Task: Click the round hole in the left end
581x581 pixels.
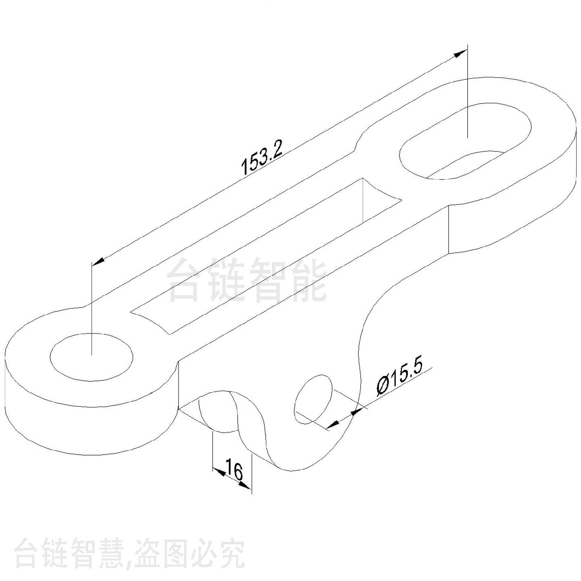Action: click(x=92, y=357)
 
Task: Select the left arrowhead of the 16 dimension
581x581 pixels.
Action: click(x=219, y=472)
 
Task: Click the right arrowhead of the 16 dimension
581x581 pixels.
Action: click(x=245, y=486)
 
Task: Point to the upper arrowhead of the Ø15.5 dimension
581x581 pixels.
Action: click(x=357, y=411)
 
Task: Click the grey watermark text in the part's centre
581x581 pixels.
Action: click(x=247, y=281)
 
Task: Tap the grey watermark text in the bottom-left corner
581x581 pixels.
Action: click(x=129, y=552)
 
